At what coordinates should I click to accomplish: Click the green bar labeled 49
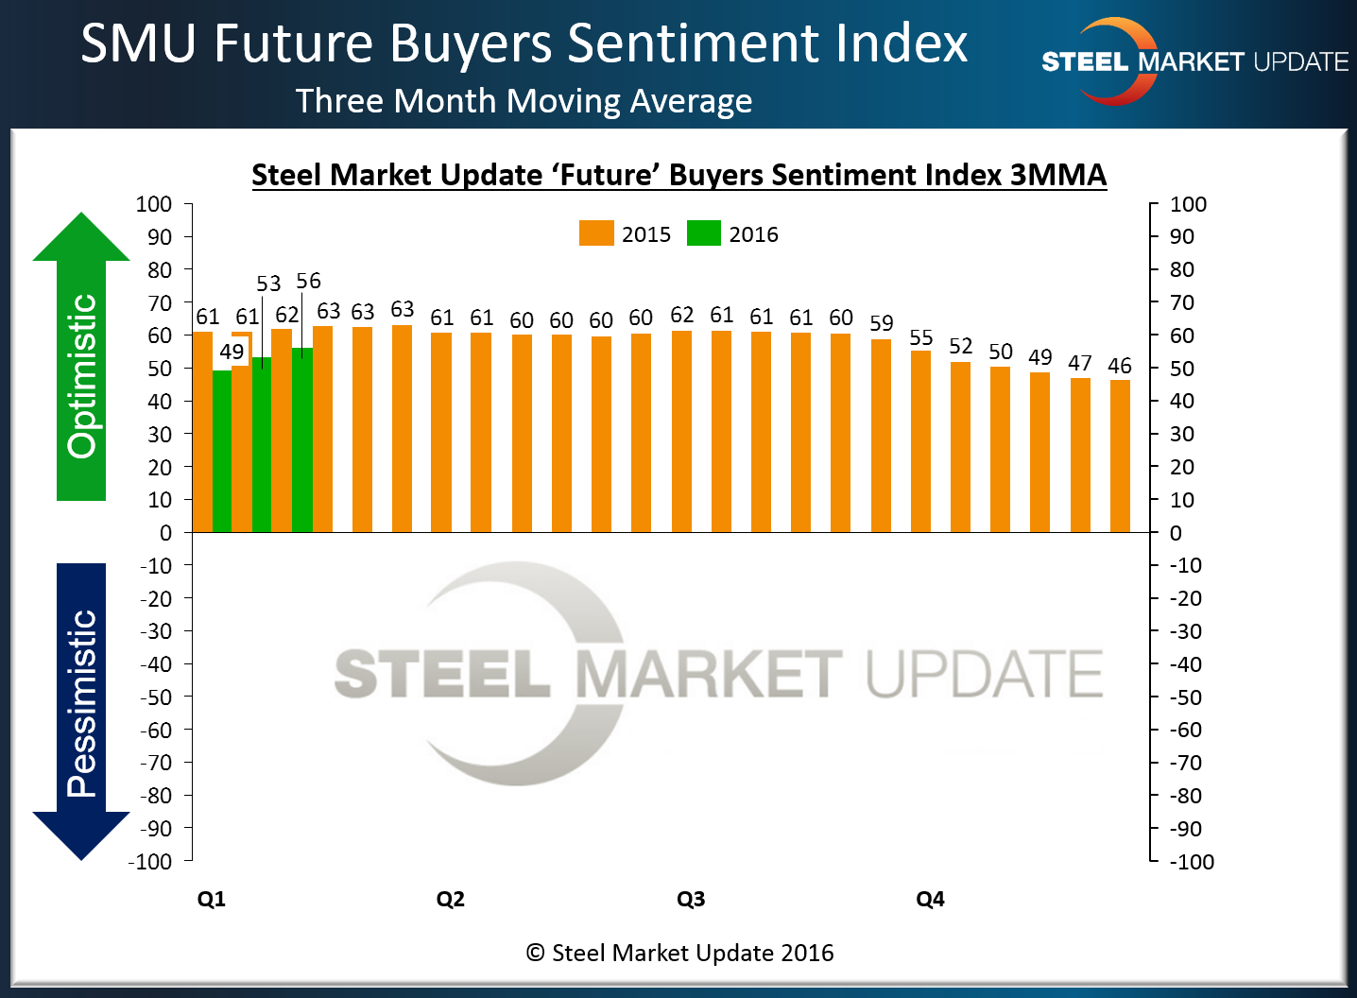coord(222,451)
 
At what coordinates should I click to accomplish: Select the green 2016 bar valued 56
coord(302,440)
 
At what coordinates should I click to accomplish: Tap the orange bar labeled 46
coord(1120,456)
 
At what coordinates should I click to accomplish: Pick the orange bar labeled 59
coord(881,436)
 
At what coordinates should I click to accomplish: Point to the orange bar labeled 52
coord(960,447)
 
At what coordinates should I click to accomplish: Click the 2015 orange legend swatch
coord(596,233)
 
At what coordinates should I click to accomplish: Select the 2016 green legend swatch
coord(703,233)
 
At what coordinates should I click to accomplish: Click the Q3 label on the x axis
coord(691,899)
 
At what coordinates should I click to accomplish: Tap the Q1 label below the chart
coord(212,899)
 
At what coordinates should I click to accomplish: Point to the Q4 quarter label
coord(930,899)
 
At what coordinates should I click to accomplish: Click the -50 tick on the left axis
coord(156,697)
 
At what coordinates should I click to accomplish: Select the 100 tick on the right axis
coord(1188,204)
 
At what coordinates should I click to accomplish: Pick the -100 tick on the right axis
coord(1192,862)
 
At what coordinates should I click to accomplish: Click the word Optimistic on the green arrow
coord(82,376)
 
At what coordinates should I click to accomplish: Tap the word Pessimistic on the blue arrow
coord(82,703)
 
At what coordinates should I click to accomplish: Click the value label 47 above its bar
coord(1080,364)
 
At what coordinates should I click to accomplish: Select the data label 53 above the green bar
coord(268,284)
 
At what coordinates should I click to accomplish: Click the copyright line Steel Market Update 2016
coord(680,953)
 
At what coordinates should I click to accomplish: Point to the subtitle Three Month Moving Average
coord(524,101)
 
